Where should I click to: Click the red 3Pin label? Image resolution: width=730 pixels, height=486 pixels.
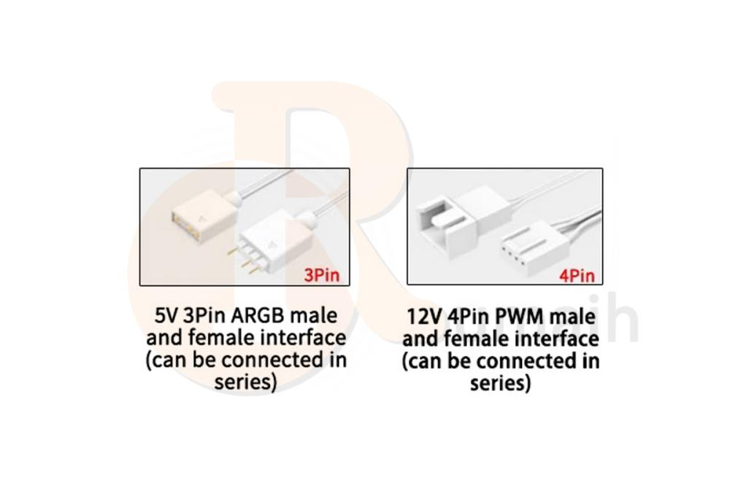pos(322,275)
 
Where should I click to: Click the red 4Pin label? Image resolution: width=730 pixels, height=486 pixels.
pos(577,275)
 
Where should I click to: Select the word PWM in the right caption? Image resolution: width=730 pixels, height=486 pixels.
pos(515,318)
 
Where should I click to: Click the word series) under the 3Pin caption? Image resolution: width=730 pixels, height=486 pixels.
pos(246,382)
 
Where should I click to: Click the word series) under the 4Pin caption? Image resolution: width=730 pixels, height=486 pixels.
pos(501,383)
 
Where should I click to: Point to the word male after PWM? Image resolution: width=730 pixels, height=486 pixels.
pos(573,318)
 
